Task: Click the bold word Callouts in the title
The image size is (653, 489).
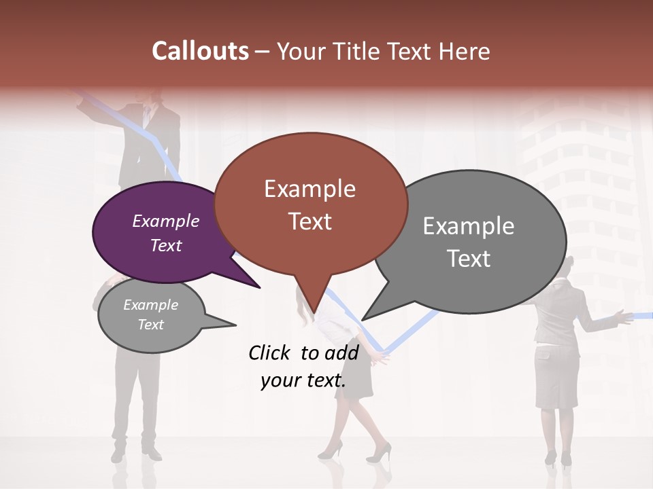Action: pyautogui.click(x=200, y=51)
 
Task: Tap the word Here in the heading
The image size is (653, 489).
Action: pyautogui.click(x=464, y=51)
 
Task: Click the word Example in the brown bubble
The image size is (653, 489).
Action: pyautogui.click(x=310, y=189)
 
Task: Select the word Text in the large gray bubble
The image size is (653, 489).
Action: pyautogui.click(x=469, y=259)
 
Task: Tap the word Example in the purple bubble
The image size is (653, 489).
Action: pyautogui.click(x=166, y=221)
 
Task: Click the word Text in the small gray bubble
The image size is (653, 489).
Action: pyautogui.click(x=151, y=325)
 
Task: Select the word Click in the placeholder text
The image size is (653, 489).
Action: pyautogui.click(x=271, y=352)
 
